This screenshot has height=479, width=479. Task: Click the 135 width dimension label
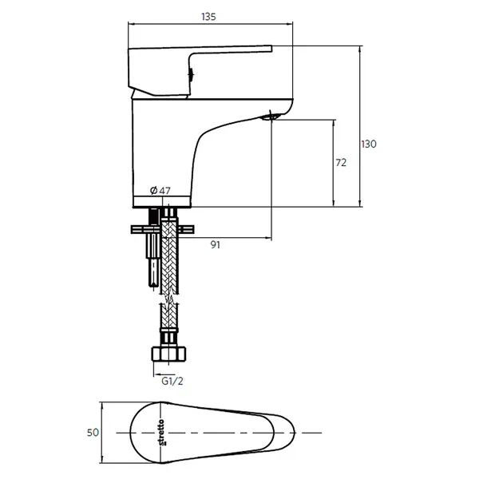[208, 17]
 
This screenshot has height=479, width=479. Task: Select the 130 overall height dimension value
[369, 144]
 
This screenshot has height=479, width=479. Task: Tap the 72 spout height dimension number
[341, 163]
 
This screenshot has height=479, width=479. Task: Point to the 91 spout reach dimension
[216, 245]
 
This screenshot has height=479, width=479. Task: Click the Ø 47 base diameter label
[160, 191]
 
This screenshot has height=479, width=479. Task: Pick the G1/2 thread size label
[172, 382]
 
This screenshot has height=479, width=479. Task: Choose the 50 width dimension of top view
[93, 433]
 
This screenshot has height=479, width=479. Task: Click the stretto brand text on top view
[162, 432]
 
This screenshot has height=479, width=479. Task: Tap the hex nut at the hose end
[169, 354]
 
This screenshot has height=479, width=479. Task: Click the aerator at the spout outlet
[271, 117]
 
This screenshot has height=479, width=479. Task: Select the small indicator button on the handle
[192, 74]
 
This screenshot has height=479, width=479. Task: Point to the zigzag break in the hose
[169, 299]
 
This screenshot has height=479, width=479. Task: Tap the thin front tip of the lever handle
[271, 49]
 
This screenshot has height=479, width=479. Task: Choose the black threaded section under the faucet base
[154, 216]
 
